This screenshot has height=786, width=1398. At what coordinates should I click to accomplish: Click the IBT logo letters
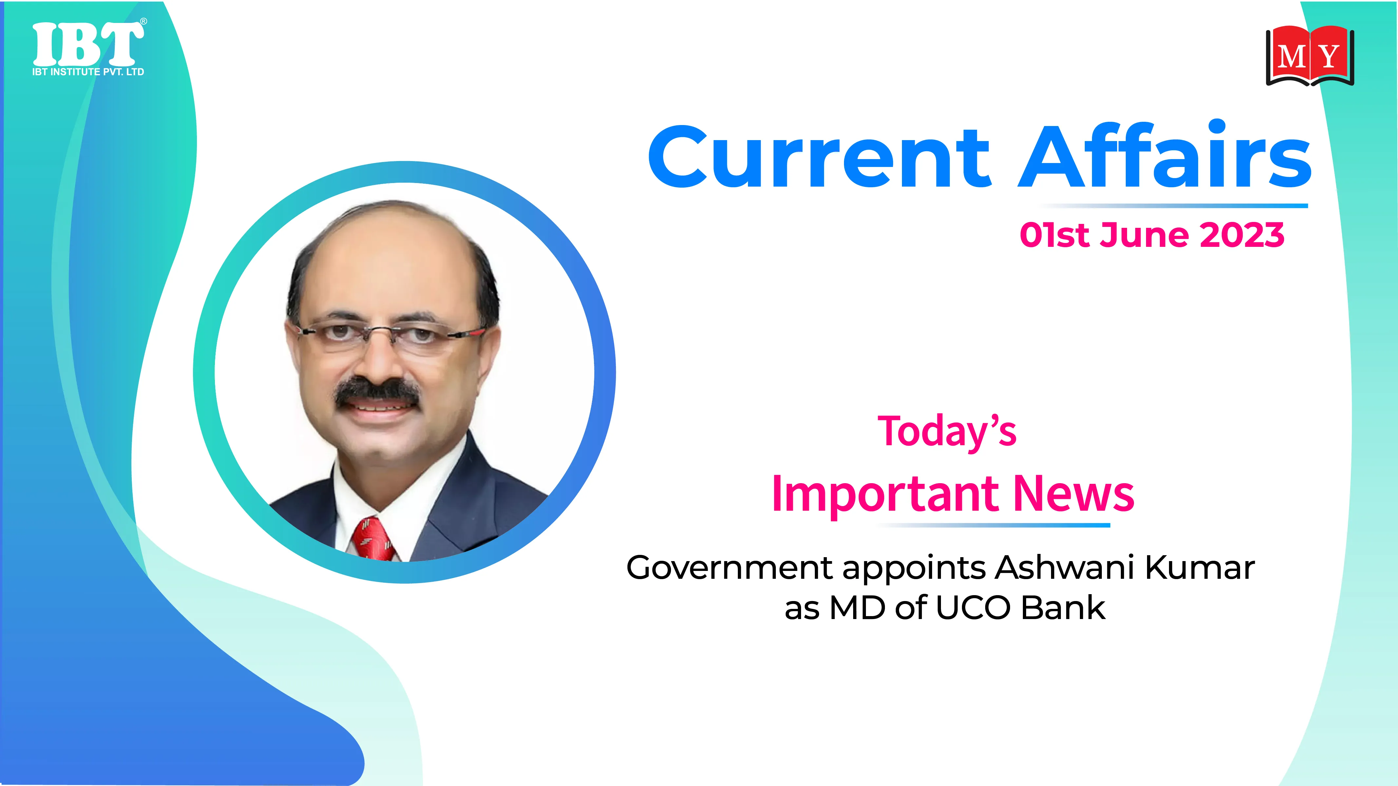(88, 45)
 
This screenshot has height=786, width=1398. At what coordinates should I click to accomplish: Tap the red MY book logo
(1310, 56)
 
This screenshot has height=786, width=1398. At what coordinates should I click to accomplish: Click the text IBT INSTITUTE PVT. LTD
(88, 72)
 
